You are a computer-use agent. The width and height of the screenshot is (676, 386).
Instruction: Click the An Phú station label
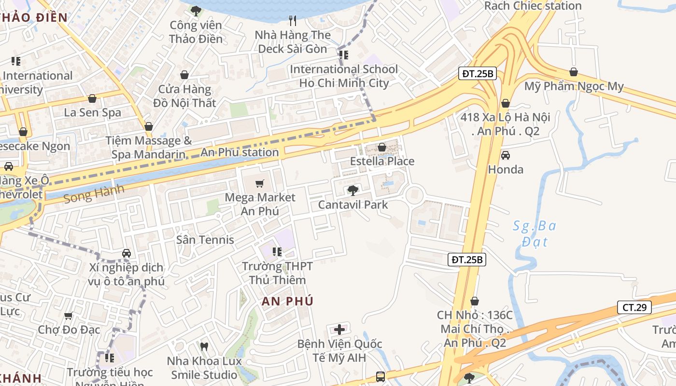[239, 152]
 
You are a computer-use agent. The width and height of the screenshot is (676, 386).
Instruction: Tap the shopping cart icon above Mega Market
[260, 183]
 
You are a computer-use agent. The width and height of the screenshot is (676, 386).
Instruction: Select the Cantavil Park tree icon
[352, 190]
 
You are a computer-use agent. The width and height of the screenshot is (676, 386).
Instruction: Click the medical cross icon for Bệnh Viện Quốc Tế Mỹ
[339, 330]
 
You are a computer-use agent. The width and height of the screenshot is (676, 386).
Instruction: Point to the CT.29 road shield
[634, 307]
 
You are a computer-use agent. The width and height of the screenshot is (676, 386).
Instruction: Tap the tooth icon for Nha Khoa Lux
[204, 346]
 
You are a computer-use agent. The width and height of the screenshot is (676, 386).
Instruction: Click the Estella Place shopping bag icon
[382, 147]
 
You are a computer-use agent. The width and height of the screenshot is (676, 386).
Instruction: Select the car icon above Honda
[505, 155]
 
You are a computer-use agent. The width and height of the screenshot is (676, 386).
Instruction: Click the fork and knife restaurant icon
[292, 20]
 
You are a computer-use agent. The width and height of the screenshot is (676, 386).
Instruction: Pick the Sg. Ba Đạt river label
[535, 233]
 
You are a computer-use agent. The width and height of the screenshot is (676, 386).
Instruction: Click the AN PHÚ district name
[287, 301]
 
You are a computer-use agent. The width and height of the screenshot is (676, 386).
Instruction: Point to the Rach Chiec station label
[533, 6]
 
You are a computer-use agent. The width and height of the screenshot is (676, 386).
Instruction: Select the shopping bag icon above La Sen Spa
[92, 98]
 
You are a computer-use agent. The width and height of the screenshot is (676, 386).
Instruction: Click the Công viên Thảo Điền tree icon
[196, 11]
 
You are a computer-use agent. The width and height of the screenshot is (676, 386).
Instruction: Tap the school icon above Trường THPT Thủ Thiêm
[277, 251]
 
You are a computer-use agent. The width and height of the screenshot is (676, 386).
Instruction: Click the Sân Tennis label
[205, 240]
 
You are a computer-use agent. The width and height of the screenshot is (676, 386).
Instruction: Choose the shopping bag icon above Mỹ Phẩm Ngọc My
[573, 72]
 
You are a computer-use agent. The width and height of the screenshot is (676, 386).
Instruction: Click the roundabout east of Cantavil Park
[414, 195]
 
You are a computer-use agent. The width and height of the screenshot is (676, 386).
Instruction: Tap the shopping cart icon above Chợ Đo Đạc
[69, 316]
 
